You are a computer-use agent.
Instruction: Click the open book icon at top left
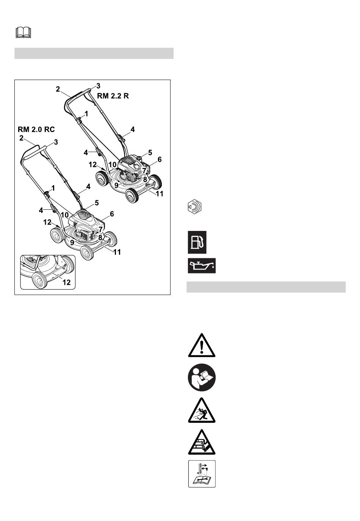[x=23, y=33]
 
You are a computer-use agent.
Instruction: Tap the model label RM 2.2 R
[x=113, y=96]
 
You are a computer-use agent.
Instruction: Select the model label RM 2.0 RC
[x=36, y=129]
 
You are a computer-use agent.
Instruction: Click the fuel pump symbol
[x=197, y=242]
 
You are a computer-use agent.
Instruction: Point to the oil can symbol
[x=202, y=265]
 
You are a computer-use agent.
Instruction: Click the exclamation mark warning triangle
[x=202, y=346]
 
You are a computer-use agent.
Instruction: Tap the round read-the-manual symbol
[x=202, y=377]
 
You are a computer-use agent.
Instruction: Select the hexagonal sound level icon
[x=195, y=207]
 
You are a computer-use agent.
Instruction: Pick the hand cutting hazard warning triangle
[x=202, y=443]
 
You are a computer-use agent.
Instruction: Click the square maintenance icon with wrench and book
[x=202, y=474]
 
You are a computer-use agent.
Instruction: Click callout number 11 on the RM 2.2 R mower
[x=160, y=193]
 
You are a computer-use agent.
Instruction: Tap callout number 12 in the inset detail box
[x=66, y=282]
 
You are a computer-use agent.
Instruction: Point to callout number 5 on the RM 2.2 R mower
[x=150, y=152]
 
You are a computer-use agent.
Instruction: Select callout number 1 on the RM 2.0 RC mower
[x=53, y=188]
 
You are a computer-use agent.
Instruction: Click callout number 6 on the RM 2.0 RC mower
[x=112, y=214]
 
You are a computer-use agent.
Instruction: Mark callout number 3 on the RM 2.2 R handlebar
[x=98, y=86]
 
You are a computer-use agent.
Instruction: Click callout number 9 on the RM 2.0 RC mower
[x=72, y=242]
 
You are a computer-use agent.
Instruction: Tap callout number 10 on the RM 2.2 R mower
[x=113, y=165]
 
